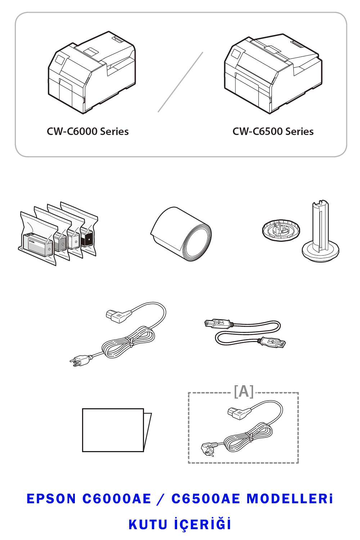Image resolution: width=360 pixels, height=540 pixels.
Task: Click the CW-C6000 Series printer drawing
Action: [92, 72]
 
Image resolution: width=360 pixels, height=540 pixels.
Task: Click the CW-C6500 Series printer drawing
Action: [273, 73]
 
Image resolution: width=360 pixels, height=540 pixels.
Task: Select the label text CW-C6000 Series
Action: [87, 132]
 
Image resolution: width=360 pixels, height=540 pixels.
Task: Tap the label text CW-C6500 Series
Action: [273, 132]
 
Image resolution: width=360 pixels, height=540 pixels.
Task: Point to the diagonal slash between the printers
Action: [180, 82]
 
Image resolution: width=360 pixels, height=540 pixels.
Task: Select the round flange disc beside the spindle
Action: [281, 230]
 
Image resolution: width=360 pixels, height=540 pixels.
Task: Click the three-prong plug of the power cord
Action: [81, 361]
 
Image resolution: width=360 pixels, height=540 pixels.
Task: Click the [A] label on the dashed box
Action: [244, 391]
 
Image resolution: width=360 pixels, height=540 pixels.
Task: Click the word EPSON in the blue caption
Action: [51, 499]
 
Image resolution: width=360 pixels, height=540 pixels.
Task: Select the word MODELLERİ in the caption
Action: [289, 499]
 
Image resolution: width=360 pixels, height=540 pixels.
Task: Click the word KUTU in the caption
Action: [148, 525]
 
